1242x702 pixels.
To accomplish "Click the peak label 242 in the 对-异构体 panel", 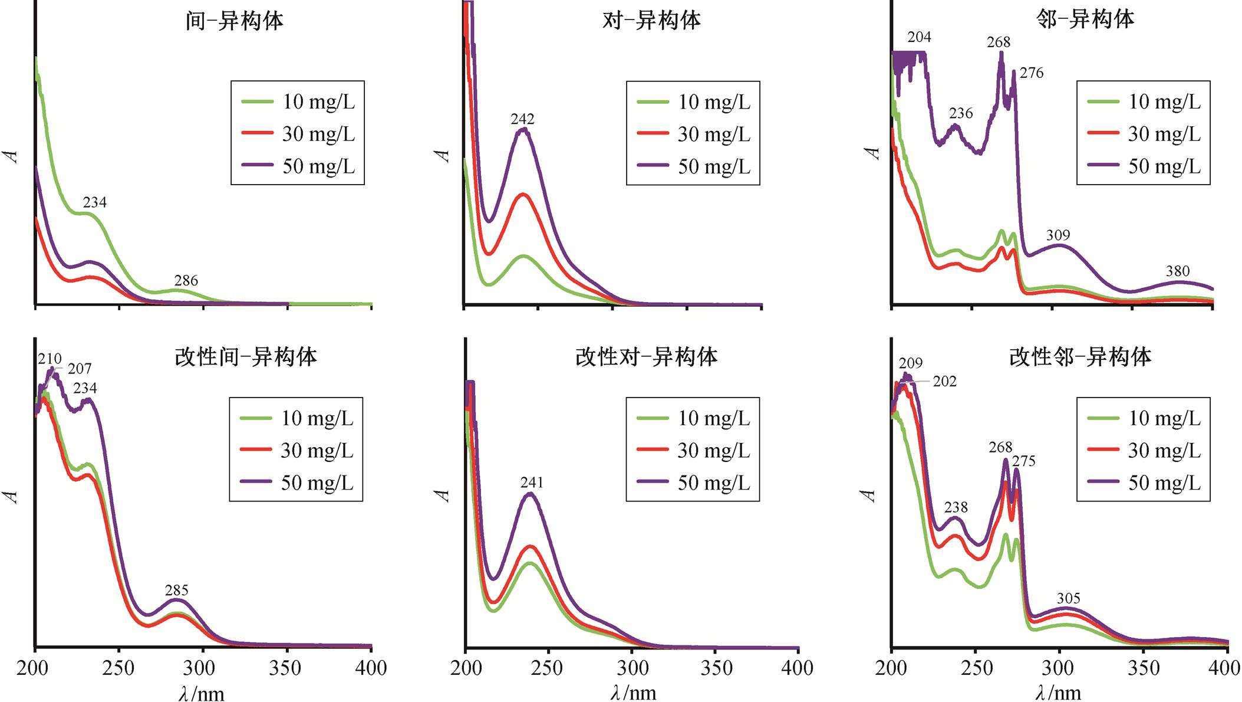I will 522,119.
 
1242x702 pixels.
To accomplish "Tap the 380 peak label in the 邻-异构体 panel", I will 1177,271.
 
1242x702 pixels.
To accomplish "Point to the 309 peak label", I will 1057,235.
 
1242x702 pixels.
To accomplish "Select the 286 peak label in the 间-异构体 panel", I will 186,281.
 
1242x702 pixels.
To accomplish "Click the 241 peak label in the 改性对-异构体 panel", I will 531,483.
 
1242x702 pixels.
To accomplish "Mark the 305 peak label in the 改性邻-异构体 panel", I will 1068,599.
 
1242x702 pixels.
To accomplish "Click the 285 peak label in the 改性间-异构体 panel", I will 176,591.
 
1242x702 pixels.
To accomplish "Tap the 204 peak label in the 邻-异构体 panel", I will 919,37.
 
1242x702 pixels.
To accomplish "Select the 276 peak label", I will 1032,73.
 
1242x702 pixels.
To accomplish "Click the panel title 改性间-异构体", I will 246,357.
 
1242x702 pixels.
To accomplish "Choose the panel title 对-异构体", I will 651,21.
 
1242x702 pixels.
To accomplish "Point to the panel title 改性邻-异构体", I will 1080,357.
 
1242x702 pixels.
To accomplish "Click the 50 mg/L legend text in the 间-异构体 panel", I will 318,166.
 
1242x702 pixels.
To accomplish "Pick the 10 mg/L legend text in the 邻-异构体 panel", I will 1164,101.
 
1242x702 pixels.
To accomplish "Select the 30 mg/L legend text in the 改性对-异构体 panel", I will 713,451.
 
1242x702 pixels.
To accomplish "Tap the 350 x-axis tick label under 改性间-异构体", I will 285,668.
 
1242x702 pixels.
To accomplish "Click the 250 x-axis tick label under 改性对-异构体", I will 546,668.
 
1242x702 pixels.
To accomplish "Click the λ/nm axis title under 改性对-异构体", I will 633,693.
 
